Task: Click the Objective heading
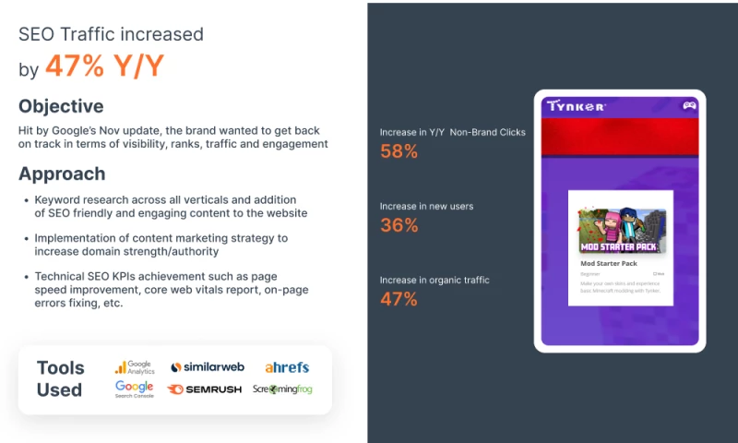click(x=61, y=106)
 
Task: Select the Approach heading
click(x=62, y=174)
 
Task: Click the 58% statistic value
click(x=399, y=151)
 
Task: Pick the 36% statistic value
click(x=399, y=225)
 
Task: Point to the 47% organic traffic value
click(x=399, y=299)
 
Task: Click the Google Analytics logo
click(x=134, y=367)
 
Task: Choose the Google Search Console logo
click(x=134, y=389)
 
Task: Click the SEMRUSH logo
click(x=205, y=389)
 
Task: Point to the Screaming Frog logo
click(x=282, y=389)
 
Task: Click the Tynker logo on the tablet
click(x=576, y=106)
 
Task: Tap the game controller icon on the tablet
click(x=688, y=105)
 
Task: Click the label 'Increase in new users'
click(x=426, y=206)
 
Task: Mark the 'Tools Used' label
click(x=60, y=378)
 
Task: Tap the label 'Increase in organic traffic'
click(x=434, y=280)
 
